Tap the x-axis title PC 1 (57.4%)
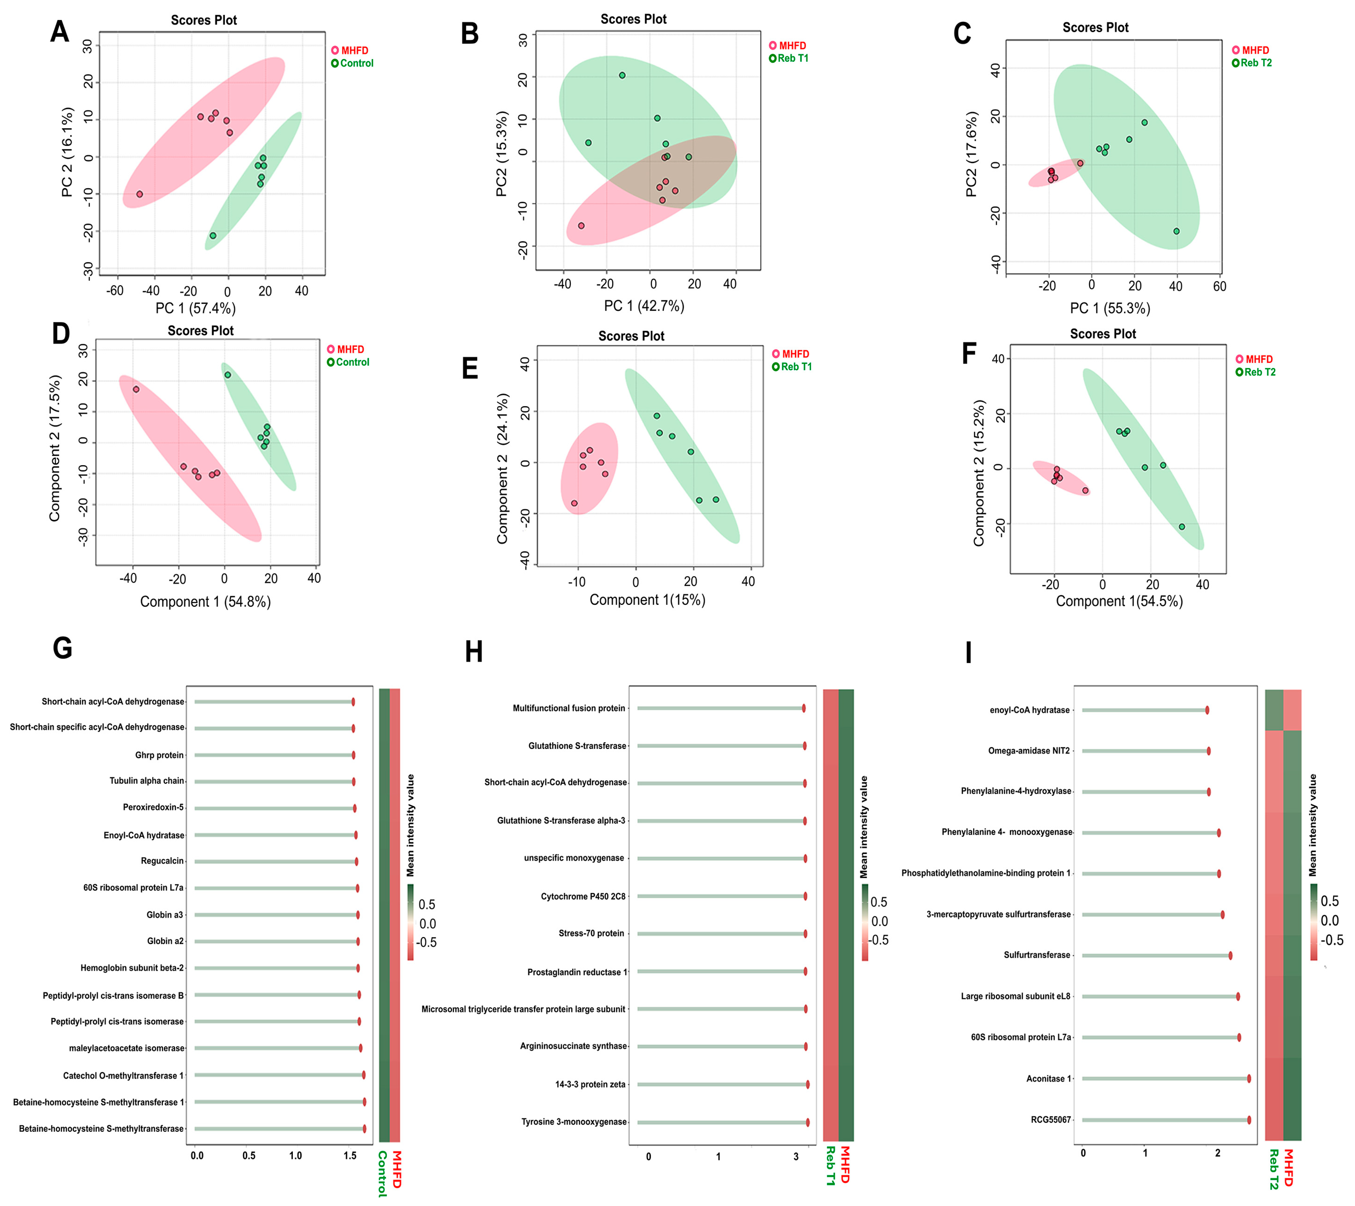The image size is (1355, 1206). [x=195, y=308]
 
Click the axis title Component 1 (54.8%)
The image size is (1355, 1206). [x=206, y=602]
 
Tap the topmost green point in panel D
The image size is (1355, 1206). [x=227, y=375]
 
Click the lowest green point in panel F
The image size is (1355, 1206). [x=1181, y=527]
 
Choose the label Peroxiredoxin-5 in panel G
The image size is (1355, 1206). [x=153, y=807]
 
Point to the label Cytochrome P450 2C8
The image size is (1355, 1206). [x=583, y=897]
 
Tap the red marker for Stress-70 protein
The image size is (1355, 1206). [x=806, y=934]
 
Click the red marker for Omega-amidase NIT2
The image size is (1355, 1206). [x=1208, y=751]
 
